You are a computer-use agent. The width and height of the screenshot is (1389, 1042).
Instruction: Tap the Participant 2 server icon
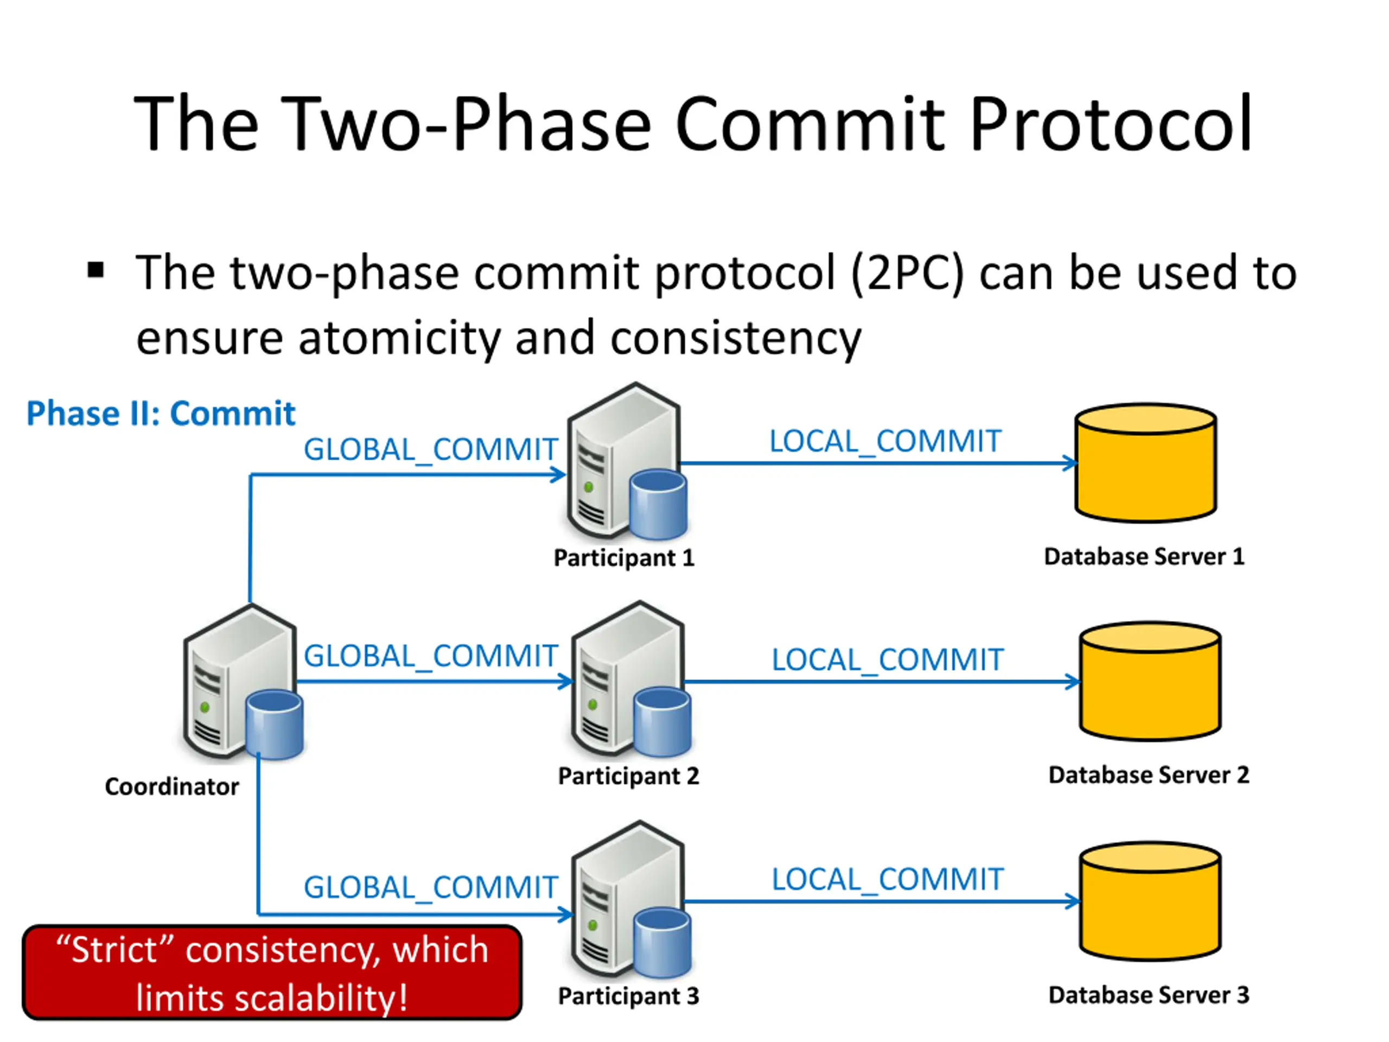coord(632,679)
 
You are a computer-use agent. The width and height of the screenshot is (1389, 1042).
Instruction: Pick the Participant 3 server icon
coord(632,899)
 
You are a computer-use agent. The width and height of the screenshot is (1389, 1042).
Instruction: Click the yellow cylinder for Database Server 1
coord(1146,463)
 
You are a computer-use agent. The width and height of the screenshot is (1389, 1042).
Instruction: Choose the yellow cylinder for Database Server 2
coord(1150,682)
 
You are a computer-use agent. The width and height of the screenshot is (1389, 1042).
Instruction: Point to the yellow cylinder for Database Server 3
coord(1150,901)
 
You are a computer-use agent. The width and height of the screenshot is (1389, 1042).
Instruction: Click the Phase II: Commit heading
coord(161,414)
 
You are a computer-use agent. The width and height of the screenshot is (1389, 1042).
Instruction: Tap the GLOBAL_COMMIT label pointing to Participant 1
coord(431,450)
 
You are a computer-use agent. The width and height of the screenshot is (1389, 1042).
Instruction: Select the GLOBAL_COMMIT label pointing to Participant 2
coord(431,656)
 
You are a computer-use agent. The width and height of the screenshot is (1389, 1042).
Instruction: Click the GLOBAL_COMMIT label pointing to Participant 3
coord(431,888)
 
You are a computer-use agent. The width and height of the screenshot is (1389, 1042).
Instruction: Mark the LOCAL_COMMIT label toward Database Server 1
coord(885,441)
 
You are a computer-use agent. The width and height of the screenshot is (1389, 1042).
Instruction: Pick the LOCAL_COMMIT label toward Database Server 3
coord(888,879)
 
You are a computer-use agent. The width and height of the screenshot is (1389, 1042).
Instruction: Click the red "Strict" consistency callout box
coord(272,973)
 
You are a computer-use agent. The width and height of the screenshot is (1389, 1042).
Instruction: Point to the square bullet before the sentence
coord(95,271)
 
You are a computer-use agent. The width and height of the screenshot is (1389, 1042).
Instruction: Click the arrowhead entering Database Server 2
coord(1073,682)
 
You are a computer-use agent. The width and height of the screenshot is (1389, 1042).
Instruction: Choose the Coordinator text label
coord(172,786)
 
